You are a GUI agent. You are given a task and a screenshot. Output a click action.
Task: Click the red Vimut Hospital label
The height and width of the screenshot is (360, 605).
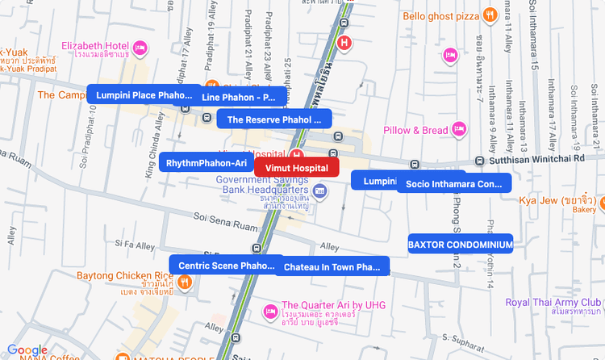(x=296, y=168)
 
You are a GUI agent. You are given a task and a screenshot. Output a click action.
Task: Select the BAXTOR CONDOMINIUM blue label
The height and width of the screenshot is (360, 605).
(x=460, y=244)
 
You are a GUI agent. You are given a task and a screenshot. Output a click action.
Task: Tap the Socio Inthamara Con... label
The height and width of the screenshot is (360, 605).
(x=453, y=183)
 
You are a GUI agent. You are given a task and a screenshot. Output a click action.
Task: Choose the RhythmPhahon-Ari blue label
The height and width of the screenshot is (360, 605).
(x=206, y=163)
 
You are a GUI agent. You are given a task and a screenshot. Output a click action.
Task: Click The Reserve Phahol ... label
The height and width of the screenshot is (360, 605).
(x=273, y=119)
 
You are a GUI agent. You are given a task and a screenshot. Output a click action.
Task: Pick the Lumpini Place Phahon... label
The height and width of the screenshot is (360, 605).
(x=144, y=95)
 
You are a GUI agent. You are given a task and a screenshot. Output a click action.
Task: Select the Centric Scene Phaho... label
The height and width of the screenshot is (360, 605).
(x=226, y=265)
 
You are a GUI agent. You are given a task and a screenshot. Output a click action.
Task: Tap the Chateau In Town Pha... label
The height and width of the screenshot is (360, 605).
(x=332, y=266)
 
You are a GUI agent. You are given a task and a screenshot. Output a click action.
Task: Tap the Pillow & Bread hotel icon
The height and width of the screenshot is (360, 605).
(x=459, y=129)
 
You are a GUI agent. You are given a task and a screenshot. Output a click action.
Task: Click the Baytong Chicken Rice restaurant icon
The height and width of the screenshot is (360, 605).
(x=185, y=283)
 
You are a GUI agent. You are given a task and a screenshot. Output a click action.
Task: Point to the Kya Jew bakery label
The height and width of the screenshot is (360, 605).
(x=557, y=200)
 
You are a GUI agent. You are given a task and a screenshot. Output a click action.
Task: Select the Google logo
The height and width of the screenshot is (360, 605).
(x=27, y=350)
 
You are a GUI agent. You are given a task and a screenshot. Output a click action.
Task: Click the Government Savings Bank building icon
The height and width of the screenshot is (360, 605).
(x=320, y=191)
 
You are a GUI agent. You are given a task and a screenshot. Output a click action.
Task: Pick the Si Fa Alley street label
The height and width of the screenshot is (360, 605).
(x=135, y=243)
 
